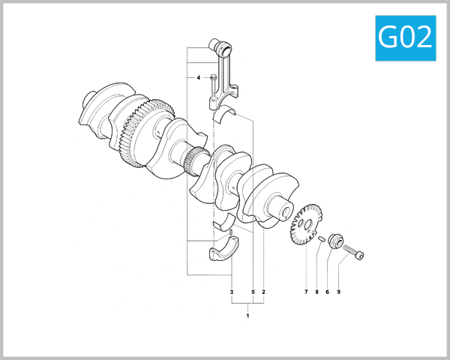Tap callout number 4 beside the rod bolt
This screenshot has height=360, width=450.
(x=199, y=78)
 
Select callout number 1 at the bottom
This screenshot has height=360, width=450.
(x=247, y=316)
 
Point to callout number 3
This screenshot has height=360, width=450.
(x=232, y=291)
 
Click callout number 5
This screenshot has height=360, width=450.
(x=253, y=291)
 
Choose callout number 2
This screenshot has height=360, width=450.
(x=263, y=291)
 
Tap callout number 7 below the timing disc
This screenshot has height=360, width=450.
(x=306, y=291)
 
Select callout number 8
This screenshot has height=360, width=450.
(x=316, y=291)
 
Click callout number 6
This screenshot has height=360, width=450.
(x=327, y=291)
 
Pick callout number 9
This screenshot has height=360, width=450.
(x=338, y=291)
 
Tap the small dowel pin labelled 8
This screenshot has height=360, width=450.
(x=320, y=238)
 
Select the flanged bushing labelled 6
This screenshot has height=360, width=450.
(x=335, y=242)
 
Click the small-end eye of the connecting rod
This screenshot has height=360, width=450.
(x=223, y=49)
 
